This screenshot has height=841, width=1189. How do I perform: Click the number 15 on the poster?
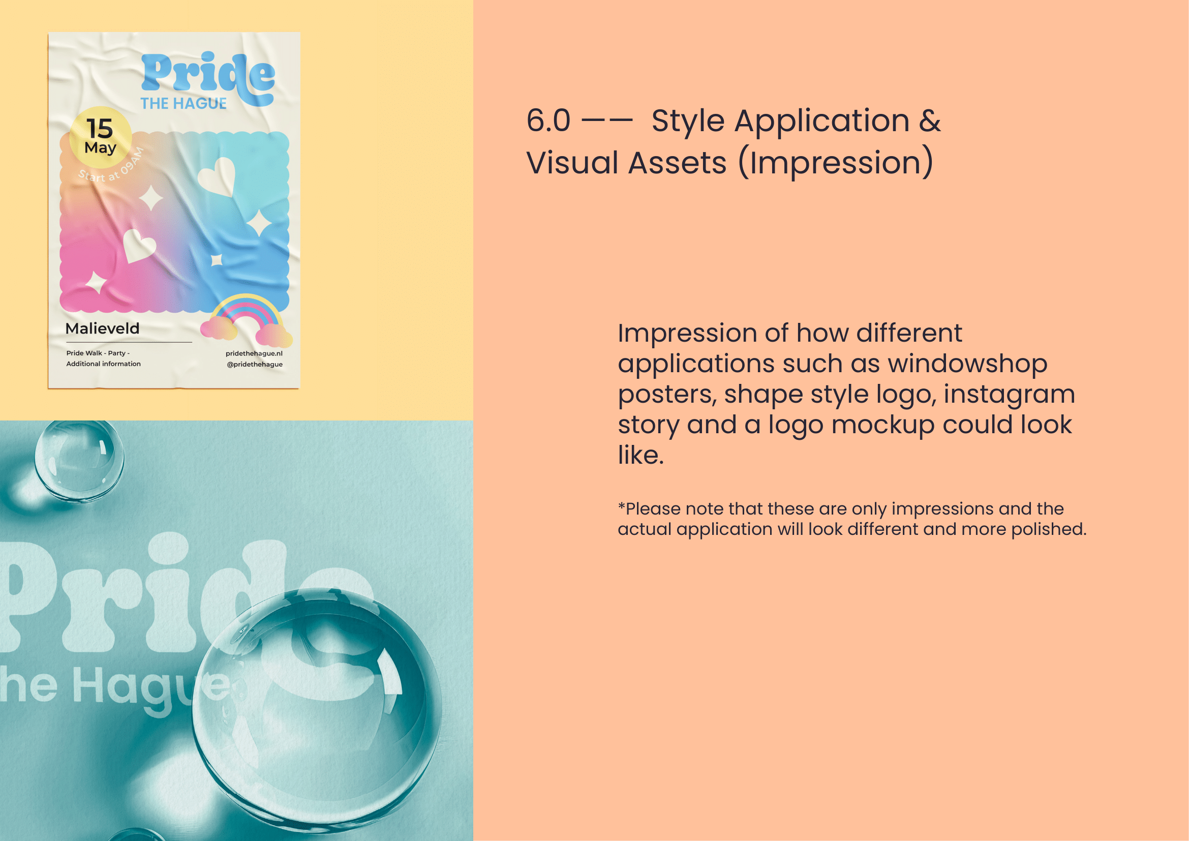(x=100, y=128)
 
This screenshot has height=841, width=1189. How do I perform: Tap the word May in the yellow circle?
(x=101, y=148)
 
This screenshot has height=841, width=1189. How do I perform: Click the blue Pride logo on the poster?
(x=208, y=78)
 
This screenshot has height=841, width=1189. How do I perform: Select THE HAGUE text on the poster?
(x=184, y=104)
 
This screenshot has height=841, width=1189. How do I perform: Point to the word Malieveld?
(x=103, y=328)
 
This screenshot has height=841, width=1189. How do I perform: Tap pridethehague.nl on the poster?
(x=254, y=353)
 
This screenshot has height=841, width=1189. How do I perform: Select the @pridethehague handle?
(x=255, y=364)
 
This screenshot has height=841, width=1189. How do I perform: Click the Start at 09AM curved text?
(x=111, y=167)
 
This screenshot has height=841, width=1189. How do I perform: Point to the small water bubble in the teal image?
(x=79, y=460)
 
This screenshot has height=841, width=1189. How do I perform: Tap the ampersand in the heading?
(x=930, y=121)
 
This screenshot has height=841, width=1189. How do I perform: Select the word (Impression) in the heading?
(x=835, y=163)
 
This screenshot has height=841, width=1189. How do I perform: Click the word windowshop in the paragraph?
(x=968, y=363)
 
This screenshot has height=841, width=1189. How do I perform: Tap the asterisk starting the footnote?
(x=621, y=505)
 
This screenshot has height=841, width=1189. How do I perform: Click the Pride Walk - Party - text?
(x=98, y=353)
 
